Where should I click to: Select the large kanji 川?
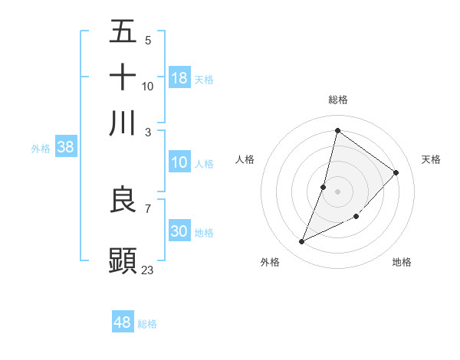click(x=123, y=123)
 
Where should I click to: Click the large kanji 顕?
click(x=123, y=260)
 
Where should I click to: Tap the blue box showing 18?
click(x=179, y=78)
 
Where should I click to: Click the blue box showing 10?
click(x=179, y=162)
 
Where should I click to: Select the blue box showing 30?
click(x=179, y=231)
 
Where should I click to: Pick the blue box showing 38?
click(x=65, y=148)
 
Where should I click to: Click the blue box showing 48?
click(x=123, y=322)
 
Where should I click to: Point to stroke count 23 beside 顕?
click(x=148, y=270)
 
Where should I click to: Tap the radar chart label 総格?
click(x=338, y=100)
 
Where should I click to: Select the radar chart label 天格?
click(x=432, y=159)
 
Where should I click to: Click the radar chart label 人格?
click(x=245, y=159)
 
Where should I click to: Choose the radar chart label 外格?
click(x=270, y=262)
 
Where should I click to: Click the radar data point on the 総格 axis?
click(x=337, y=129)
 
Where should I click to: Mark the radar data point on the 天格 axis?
click(x=396, y=172)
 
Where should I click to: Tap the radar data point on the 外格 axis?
click(x=302, y=242)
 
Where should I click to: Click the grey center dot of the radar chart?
click(x=337, y=191)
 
